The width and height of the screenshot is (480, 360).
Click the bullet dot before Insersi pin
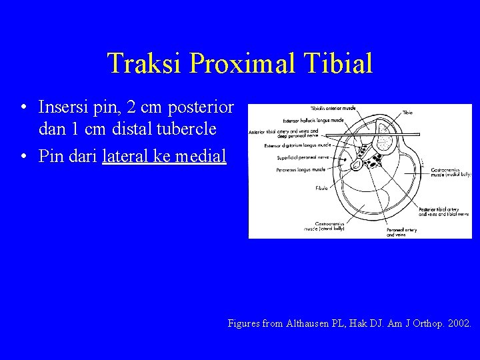[x=23, y=107]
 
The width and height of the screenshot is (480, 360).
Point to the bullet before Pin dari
[x=23, y=157]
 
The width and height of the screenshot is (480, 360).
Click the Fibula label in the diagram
[x=322, y=189]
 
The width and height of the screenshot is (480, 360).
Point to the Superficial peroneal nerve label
[x=304, y=158]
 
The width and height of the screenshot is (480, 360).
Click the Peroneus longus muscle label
[x=303, y=170]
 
